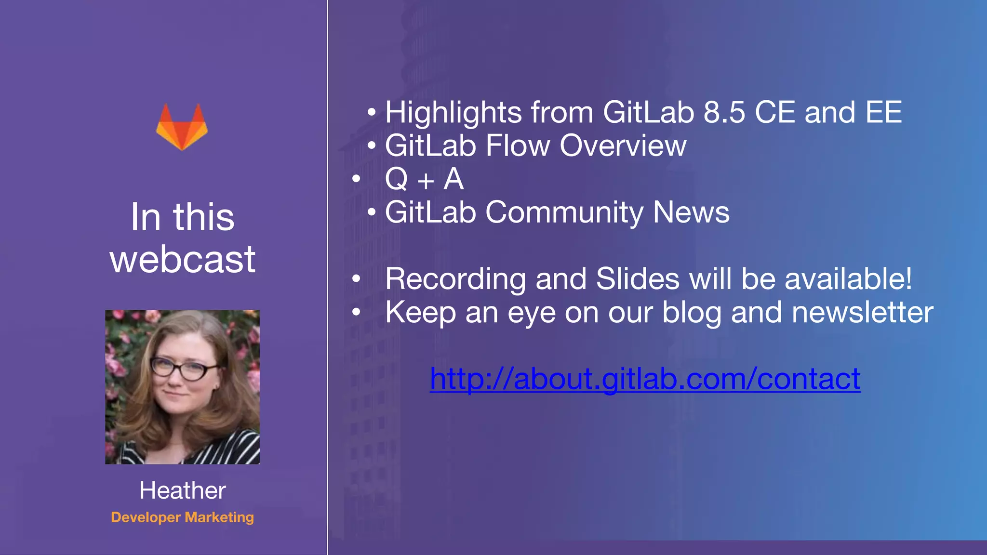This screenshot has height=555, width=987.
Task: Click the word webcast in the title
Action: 182,259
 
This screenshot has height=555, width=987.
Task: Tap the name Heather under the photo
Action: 182,490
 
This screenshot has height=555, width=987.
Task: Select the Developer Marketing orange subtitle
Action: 182,517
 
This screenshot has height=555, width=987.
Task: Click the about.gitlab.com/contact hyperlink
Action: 645,379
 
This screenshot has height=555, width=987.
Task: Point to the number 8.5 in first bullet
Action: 724,112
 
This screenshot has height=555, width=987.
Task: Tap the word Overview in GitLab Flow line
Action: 623,145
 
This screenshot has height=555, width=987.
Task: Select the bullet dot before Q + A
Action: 356,179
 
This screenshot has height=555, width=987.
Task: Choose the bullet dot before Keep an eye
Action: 356,312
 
